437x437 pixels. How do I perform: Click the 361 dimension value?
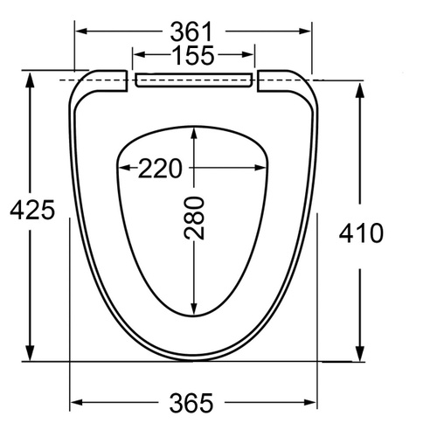tap(191, 31)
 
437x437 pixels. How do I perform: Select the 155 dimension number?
tap(193, 55)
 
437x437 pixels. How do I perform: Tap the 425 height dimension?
tap(32, 210)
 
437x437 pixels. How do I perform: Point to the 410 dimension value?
tap(361, 233)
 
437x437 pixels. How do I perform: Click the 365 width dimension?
tap(191, 403)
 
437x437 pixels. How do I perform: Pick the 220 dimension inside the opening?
tap(160, 168)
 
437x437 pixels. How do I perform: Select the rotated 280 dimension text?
tap(194, 218)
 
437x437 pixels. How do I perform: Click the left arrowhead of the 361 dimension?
tap(81, 31)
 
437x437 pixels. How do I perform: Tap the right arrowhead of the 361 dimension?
tap(305, 31)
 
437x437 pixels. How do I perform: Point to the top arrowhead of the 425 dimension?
tap(30, 80)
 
